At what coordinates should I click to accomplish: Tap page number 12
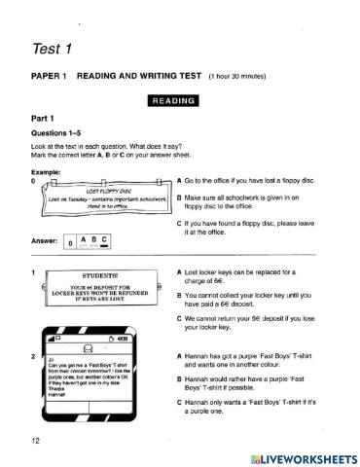click(36, 442)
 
